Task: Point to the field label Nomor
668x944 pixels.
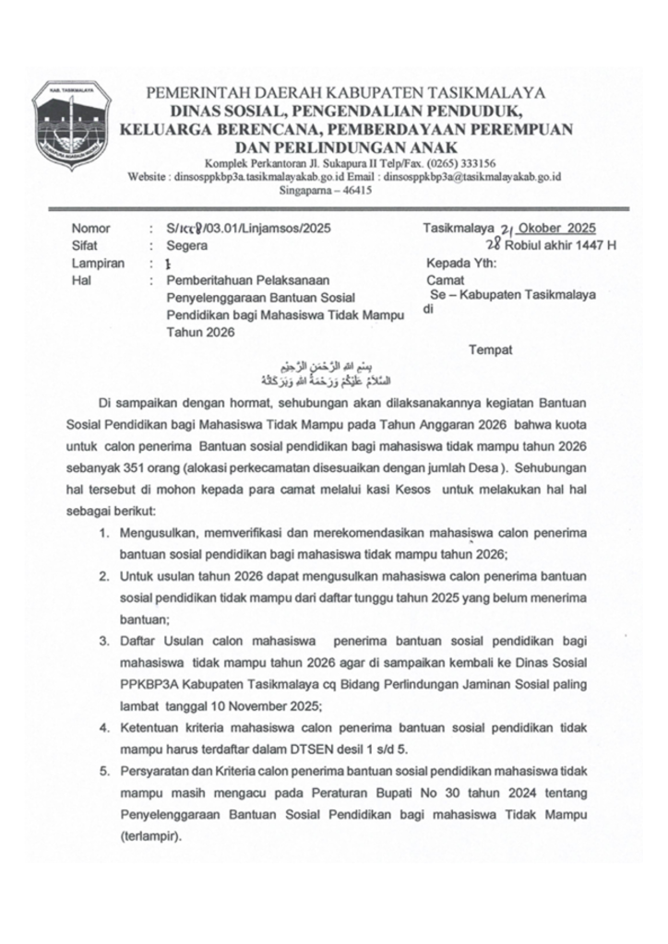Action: (90, 229)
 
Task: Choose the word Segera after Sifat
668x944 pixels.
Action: (187, 246)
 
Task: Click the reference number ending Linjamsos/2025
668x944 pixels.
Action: (248, 229)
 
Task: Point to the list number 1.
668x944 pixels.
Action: (105, 534)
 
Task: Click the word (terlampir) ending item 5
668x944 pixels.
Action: (150, 837)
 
